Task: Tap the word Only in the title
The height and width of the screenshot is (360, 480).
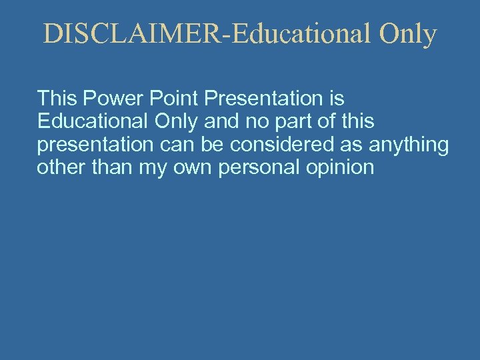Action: tap(408, 35)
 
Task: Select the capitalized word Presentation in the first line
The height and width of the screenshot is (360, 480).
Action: tap(263, 99)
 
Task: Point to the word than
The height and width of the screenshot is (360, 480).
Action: tap(113, 167)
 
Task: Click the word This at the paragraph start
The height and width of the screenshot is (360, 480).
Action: tap(57, 99)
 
